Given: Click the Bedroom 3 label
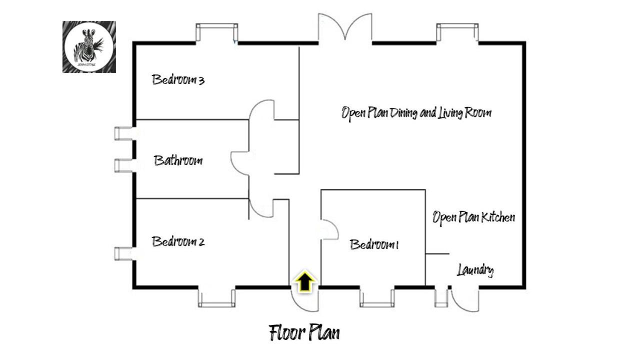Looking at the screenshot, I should point(178,79).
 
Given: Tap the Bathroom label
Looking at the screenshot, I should point(178,160).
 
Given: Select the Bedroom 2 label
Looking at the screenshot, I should point(178,241).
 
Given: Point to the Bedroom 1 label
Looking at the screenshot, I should point(374,244).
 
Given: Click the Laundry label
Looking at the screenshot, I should point(475,270).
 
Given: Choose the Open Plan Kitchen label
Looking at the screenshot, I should point(473,217).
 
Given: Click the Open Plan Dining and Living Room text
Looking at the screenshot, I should point(416,112).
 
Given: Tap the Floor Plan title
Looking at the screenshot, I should point(304,332).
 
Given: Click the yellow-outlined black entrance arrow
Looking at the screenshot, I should point(305,282).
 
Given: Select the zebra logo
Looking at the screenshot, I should point(89,47).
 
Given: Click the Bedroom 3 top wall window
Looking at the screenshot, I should point(216,33).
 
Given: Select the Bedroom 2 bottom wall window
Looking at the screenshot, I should point(216,297).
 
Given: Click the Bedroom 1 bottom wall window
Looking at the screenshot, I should point(377,297).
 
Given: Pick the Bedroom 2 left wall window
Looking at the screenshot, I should point(123,254).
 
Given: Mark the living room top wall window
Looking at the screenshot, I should point(457,33).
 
